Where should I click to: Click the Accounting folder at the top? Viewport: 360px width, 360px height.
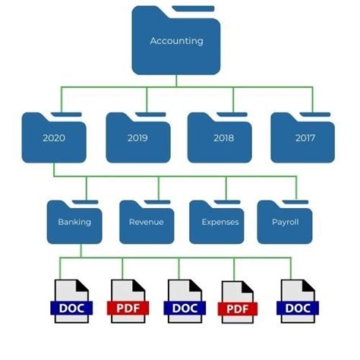click(x=176, y=42)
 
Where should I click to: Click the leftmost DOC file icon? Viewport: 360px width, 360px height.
click(x=71, y=301)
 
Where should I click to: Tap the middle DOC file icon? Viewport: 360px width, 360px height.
click(x=184, y=301)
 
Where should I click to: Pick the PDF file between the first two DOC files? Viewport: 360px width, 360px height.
click(x=128, y=301)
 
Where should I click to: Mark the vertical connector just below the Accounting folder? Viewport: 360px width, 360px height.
click(x=176, y=82)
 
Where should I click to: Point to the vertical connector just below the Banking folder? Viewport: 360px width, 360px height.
click(x=81, y=251)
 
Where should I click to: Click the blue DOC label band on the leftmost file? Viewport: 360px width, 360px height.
click(x=71, y=308)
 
